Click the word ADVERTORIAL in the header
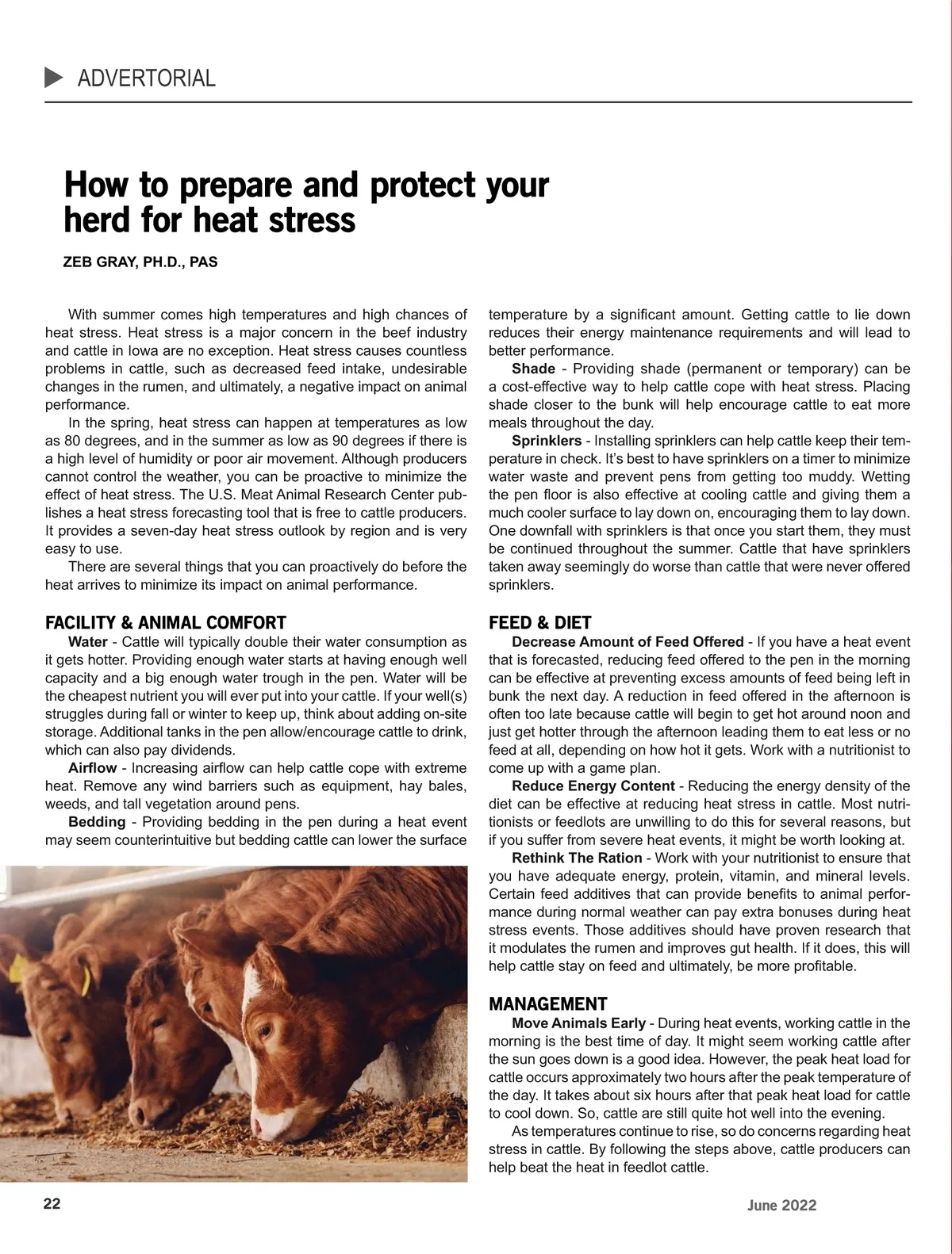(x=147, y=78)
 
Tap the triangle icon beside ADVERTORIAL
(x=54, y=78)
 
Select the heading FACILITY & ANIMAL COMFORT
(x=166, y=622)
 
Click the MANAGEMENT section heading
(x=548, y=1004)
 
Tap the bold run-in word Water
(x=88, y=641)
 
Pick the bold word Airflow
(x=92, y=767)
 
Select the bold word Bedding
(x=97, y=822)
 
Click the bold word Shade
(x=533, y=369)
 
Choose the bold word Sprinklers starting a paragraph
(x=547, y=441)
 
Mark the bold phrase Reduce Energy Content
(x=593, y=786)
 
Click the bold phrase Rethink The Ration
(x=577, y=858)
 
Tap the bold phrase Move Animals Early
(x=578, y=1023)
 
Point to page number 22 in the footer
(x=52, y=1203)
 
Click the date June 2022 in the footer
(x=781, y=1206)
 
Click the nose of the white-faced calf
(x=263, y=1123)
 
